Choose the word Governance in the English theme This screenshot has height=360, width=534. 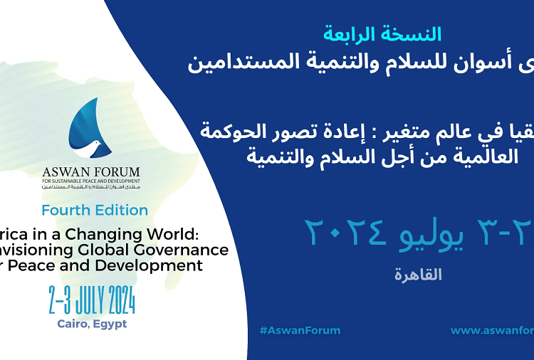tap(191, 250)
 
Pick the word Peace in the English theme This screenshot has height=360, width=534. tap(44, 266)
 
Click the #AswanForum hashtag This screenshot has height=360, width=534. tap(300, 330)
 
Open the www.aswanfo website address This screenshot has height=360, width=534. tap(492, 330)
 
